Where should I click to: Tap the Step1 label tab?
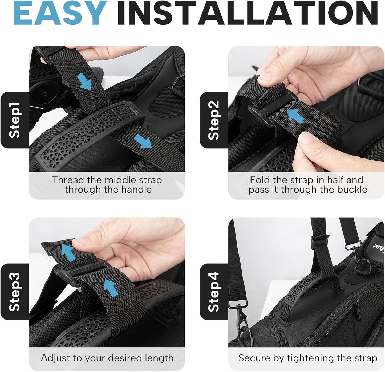click(15, 120)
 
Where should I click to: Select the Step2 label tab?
click(214, 120)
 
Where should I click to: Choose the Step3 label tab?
click(15, 292)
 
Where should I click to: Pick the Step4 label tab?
click(214, 292)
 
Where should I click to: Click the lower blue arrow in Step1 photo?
click(143, 141)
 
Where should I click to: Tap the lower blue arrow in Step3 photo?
click(111, 288)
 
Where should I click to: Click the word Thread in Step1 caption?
click(68, 180)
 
